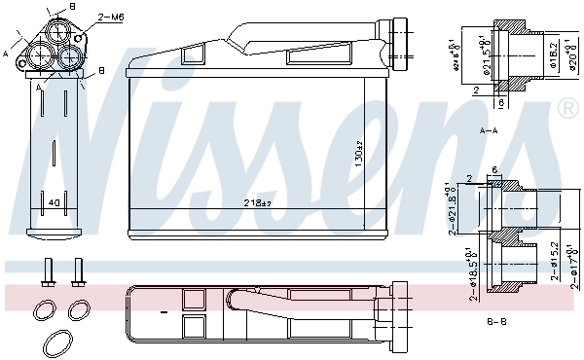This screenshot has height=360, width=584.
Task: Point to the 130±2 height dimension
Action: [x=357, y=154]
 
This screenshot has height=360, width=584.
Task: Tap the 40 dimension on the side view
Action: [x=55, y=202]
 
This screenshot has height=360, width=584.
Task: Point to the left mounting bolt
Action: [x=46, y=271]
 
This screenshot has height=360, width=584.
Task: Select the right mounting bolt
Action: [x=77, y=271]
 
